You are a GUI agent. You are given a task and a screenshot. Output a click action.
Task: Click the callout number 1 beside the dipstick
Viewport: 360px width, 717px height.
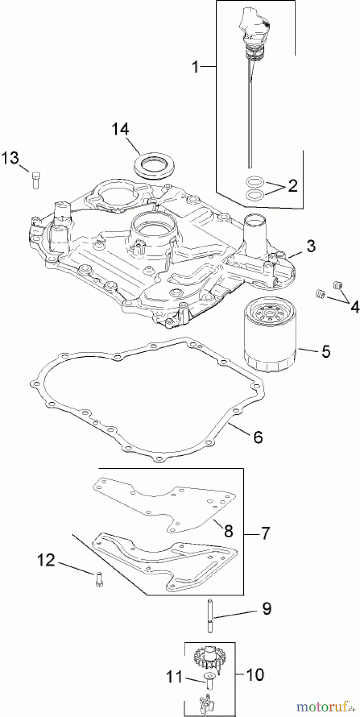(195, 67)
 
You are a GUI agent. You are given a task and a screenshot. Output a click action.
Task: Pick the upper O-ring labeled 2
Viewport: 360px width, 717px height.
(254, 182)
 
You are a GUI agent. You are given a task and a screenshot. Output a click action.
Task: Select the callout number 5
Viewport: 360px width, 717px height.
(326, 351)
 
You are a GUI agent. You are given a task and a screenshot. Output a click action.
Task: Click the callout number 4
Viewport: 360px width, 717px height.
(354, 307)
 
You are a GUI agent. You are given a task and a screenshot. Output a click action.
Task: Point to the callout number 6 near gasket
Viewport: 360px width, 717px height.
(258, 437)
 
